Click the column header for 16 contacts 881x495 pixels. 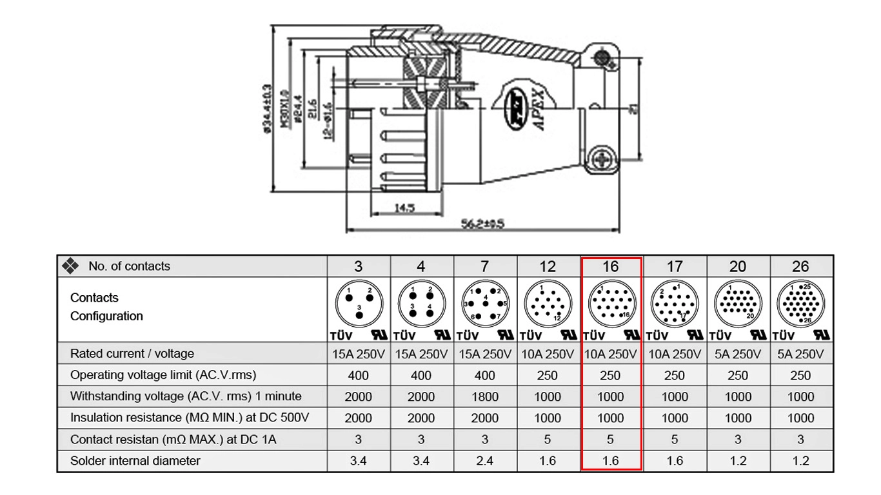[x=610, y=266]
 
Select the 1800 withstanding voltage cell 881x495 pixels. [x=484, y=396]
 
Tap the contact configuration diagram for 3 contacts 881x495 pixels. [x=359, y=304]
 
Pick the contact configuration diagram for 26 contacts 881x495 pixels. [x=801, y=304]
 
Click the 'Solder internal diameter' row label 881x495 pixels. [x=135, y=461]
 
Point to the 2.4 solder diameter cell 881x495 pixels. [x=484, y=461]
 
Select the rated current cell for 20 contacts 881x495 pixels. [x=738, y=354]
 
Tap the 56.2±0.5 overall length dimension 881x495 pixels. [x=482, y=224]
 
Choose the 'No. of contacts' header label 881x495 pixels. [x=129, y=266]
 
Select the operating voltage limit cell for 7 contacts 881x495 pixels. [x=484, y=375]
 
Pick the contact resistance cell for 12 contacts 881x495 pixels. [x=547, y=440]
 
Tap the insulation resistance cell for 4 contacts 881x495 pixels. [x=421, y=418]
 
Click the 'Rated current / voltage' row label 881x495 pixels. [x=132, y=354]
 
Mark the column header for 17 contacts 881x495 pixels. [x=675, y=266]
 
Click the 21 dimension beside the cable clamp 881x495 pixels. [x=635, y=110]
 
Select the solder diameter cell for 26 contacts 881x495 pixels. [x=801, y=461]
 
